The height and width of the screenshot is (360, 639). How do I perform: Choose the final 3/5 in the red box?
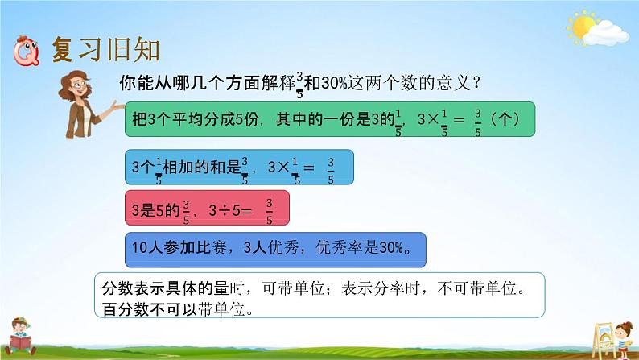coord(270,210)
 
